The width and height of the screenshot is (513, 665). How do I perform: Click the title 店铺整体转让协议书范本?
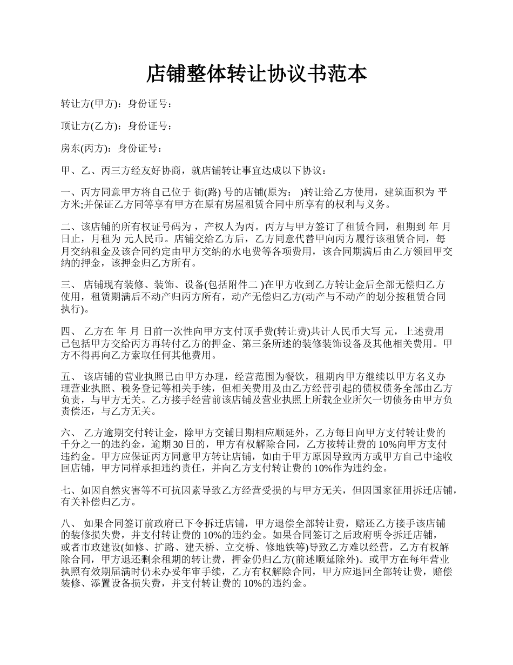point(256,74)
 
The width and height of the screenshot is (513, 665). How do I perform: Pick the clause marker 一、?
point(69,192)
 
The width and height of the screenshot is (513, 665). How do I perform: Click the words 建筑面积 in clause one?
point(401,192)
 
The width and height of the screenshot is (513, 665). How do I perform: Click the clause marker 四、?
point(69,331)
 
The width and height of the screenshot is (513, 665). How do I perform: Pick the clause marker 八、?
point(69,523)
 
